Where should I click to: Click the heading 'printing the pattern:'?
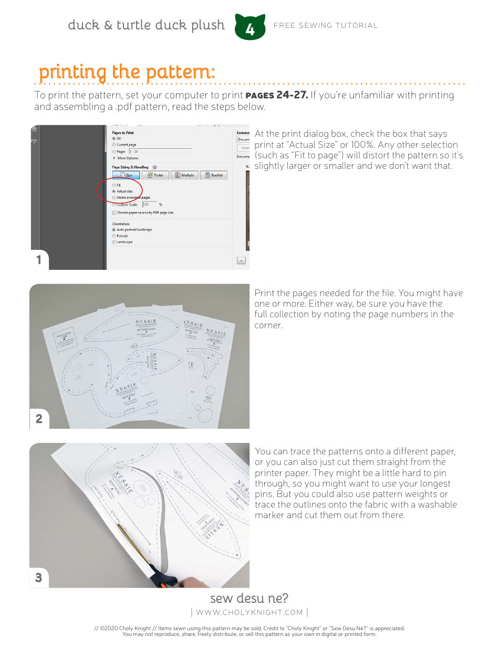click(127, 72)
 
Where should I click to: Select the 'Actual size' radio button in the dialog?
click(114, 191)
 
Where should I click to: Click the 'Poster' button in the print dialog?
click(155, 175)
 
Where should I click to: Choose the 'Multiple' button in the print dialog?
click(184, 175)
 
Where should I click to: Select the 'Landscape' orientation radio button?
click(114, 242)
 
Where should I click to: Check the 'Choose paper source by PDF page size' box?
click(114, 213)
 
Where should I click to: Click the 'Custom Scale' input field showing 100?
click(149, 204)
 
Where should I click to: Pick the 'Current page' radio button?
click(114, 145)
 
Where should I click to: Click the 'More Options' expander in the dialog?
click(126, 158)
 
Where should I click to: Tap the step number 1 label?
click(39, 260)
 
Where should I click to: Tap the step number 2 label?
click(39, 419)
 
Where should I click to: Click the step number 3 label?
click(39, 578)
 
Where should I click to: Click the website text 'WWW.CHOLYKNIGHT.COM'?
click(250, 612)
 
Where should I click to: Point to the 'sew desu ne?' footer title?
click(249, 598)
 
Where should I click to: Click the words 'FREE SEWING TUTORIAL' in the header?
click(326, 25)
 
